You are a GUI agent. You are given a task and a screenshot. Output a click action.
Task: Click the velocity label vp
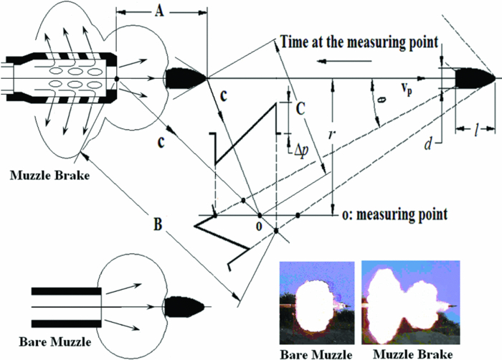(x=408, y=89)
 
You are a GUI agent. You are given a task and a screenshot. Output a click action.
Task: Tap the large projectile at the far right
(x=469, y=77)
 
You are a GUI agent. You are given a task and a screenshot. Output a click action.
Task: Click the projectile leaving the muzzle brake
(x=186, y=77)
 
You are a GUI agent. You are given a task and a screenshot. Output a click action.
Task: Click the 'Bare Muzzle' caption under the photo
(x=316, y=352)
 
